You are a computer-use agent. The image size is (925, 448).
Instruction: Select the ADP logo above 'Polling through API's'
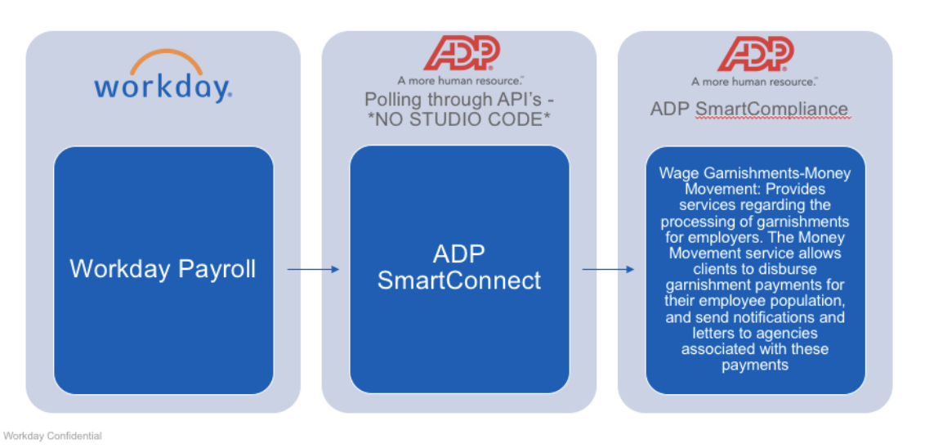[x=461, y=54]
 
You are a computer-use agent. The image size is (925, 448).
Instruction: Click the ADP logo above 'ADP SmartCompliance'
[x=755, y=54]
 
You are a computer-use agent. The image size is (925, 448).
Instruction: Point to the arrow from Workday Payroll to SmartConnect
[x=313, y=269]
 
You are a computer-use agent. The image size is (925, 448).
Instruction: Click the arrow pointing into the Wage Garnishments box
[x=608, y=269]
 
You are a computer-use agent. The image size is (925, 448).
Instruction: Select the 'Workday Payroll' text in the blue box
[x=163, y=269]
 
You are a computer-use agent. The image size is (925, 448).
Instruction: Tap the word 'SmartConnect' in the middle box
[x=459, y=280]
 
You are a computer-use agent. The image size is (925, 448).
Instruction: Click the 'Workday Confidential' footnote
[x=53, y=437]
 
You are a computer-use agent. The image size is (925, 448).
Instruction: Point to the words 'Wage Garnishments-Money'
[x=754, y=173]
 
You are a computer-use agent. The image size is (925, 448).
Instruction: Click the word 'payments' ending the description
[x=754, y=365]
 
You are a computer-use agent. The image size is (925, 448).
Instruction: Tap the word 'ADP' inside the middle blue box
[x=459, y=254]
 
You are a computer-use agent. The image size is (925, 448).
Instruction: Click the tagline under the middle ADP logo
[x=460, y=81]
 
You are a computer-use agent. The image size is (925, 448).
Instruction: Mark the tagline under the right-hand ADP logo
[x=754, y=81]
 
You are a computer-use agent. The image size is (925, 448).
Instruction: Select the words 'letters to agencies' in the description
[x=754, y=333]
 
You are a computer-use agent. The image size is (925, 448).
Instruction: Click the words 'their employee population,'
[x=754, y=301]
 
